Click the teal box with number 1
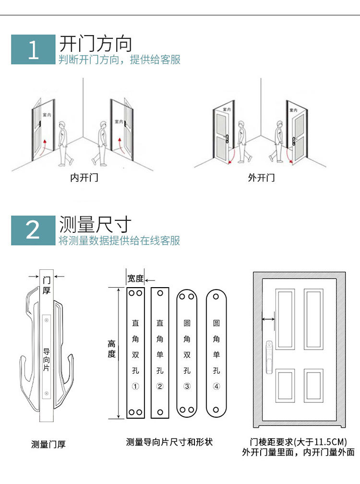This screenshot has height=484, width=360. coord(33,49)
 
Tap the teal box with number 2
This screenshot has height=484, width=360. coord(33,230)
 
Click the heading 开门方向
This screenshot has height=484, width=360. coord(95,44)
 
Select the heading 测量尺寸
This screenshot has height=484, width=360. coord(95,224)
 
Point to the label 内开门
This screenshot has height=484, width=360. coord(84,178)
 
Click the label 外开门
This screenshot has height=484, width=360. coord(261,178)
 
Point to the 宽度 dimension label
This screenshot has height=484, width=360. coord(135,278)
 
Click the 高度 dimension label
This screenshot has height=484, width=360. coord(112,349)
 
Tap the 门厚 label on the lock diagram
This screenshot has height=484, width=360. coord(47,285)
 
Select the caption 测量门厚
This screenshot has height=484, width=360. coord(48,445)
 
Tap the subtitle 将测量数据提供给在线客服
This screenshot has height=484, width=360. coord(120,241)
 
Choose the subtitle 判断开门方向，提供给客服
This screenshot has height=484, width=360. coord(120,60)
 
